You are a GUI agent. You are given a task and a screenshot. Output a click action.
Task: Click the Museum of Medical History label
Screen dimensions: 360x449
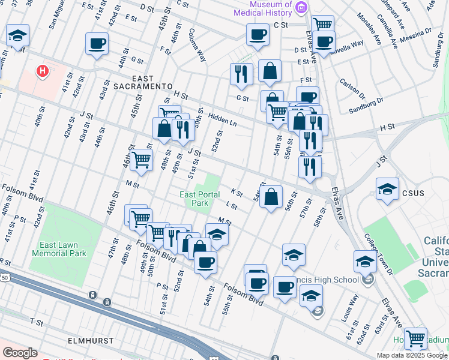[x=263, y=9]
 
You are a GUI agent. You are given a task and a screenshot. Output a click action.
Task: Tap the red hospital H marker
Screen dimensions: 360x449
[x=42, y=71]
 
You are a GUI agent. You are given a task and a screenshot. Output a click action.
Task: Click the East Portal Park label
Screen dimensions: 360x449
[x=194, y=199]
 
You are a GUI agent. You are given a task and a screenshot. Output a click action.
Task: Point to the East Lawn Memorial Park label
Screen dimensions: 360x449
[x=62, y=249]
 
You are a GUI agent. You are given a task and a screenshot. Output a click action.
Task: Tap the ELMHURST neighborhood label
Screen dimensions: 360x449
[x=89, y=340]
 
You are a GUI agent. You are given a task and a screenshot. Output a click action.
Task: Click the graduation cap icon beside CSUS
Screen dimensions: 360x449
[x=387, y=189]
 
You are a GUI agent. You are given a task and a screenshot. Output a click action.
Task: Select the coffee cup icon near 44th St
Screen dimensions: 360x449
[x=97, y=43]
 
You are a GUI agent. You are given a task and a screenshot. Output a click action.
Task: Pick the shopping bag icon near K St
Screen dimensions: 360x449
[x=271, y=196]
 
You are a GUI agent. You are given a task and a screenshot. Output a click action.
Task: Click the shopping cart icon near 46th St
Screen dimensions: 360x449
[x=141, y=160]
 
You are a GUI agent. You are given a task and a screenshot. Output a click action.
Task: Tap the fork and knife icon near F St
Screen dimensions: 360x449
[x=241, y=74]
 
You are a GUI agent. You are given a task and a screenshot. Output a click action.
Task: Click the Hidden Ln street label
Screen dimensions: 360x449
[x=223, y=119]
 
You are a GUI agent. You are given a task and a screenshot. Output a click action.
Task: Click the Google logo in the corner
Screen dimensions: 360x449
[x=20, y=353]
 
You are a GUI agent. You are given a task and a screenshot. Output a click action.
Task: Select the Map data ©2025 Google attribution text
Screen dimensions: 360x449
[x=411, y=355]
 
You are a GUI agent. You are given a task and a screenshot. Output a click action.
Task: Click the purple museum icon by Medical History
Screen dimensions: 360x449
[x=301, y=8]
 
